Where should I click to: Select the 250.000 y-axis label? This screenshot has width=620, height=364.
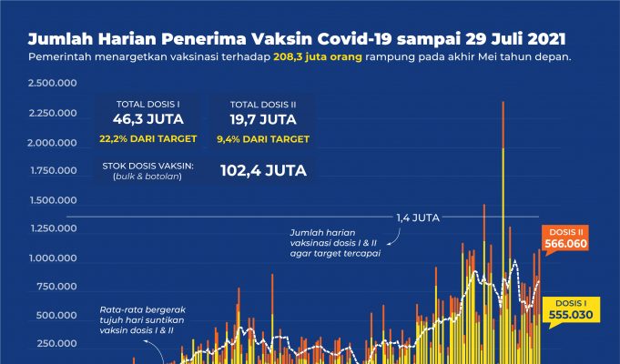tap(54, 345)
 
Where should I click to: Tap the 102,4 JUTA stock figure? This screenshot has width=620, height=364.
tap(263, 170)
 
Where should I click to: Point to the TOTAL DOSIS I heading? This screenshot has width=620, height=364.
tap(147, 102)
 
